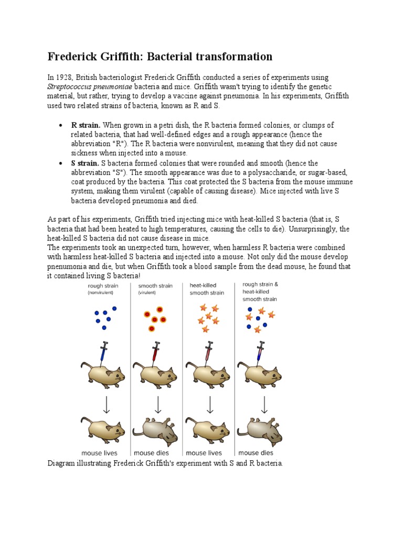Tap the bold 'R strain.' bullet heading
coord(86,126)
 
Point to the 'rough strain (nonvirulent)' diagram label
coord(103,289)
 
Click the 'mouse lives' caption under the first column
coord(99,453)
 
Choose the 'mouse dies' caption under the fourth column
coord(256,453)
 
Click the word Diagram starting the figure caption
coord(61,463)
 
